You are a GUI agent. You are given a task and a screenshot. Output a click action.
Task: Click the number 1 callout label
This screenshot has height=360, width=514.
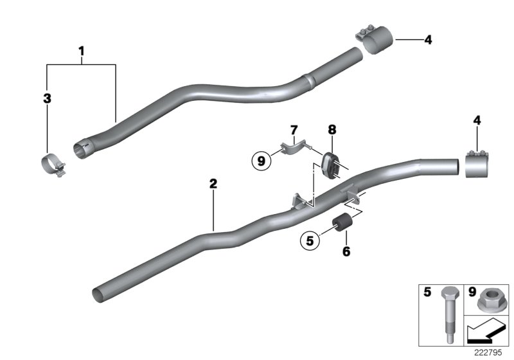pos(82,50)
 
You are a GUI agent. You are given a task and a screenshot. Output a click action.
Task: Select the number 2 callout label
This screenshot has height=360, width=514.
pos(213,184)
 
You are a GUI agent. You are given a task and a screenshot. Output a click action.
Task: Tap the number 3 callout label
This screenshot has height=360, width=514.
pos(47,99)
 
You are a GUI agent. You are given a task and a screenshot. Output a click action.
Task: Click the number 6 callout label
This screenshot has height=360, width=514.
pos(346,251)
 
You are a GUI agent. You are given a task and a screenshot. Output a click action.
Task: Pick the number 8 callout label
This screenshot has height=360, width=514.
pos(332,130)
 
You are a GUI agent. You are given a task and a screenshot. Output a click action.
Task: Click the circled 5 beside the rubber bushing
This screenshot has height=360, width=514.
pos(309,242)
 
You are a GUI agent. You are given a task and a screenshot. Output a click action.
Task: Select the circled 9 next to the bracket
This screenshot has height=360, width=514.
pos(261,161)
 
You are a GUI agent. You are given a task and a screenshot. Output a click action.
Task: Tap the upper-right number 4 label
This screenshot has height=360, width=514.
pos(427,40)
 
